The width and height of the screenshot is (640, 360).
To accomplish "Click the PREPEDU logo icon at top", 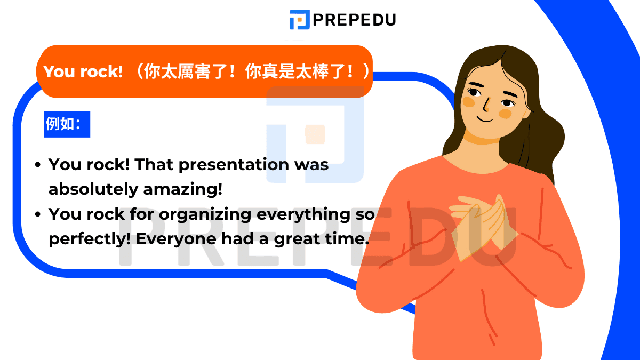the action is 299,19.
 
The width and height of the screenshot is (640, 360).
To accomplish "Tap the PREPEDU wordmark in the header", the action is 355,20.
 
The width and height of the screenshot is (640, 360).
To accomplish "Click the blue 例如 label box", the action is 67,124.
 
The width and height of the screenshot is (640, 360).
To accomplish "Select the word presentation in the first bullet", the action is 234,165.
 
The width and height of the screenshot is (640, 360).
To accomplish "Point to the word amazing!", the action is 182,189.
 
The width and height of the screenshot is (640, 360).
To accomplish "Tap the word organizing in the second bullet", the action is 205,214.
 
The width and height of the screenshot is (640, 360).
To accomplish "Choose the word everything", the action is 303,214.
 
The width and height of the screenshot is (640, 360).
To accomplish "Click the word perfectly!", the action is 90,239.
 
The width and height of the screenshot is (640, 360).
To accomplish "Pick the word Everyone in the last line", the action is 176,239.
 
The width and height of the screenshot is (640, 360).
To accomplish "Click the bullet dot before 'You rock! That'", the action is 38,165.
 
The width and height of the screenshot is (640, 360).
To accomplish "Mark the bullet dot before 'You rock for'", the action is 38,214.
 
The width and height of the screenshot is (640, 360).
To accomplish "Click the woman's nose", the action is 487,105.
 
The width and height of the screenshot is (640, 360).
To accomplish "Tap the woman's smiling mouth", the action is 485,119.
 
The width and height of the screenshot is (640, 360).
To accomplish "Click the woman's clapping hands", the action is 483,226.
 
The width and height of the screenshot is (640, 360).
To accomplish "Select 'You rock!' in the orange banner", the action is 83,71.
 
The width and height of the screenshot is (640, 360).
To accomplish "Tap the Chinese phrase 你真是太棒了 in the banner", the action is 295,71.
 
